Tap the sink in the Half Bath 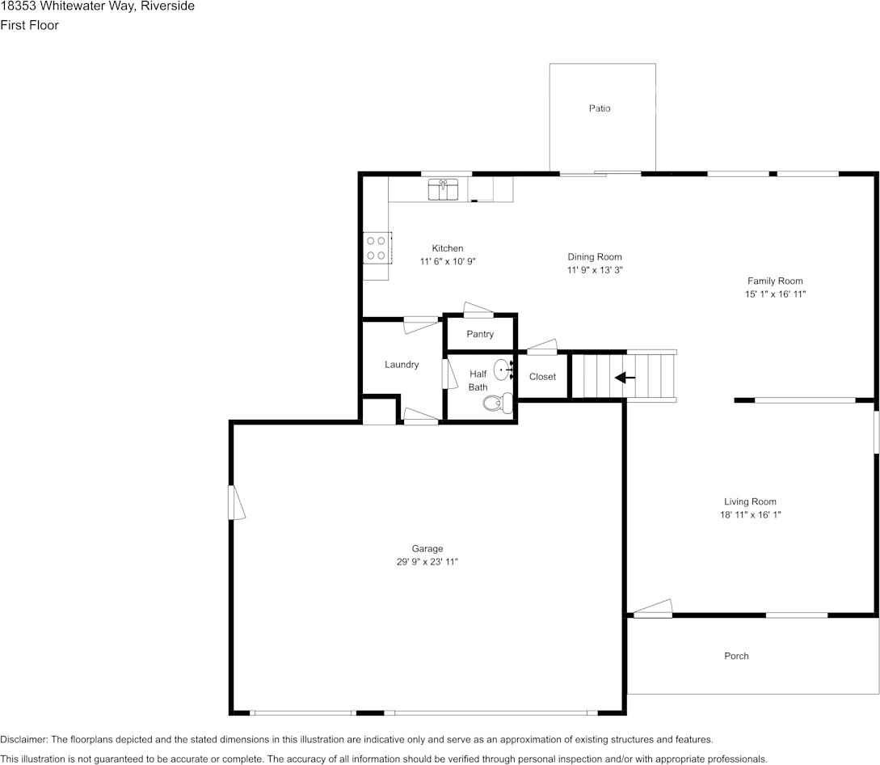click(503, 371)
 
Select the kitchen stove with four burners click(376, 247)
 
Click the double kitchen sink click(443, 191)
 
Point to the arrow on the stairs click(625, 377)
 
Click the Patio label click(600, 108)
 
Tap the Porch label click(736, 656)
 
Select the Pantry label click(480, 334)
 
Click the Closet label click(542, 377)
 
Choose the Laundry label click(402, 365)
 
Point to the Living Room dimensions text click(750, 514)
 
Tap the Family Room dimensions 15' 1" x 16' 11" click(775, 294)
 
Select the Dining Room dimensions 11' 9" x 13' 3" click(594, 270)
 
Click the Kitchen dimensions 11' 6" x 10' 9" click(447, 261)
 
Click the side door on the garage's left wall click(235, 502)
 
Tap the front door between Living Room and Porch click(653, 609)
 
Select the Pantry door click(478, 310)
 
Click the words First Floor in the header click(29, 25)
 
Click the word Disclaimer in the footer click(24, 739)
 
